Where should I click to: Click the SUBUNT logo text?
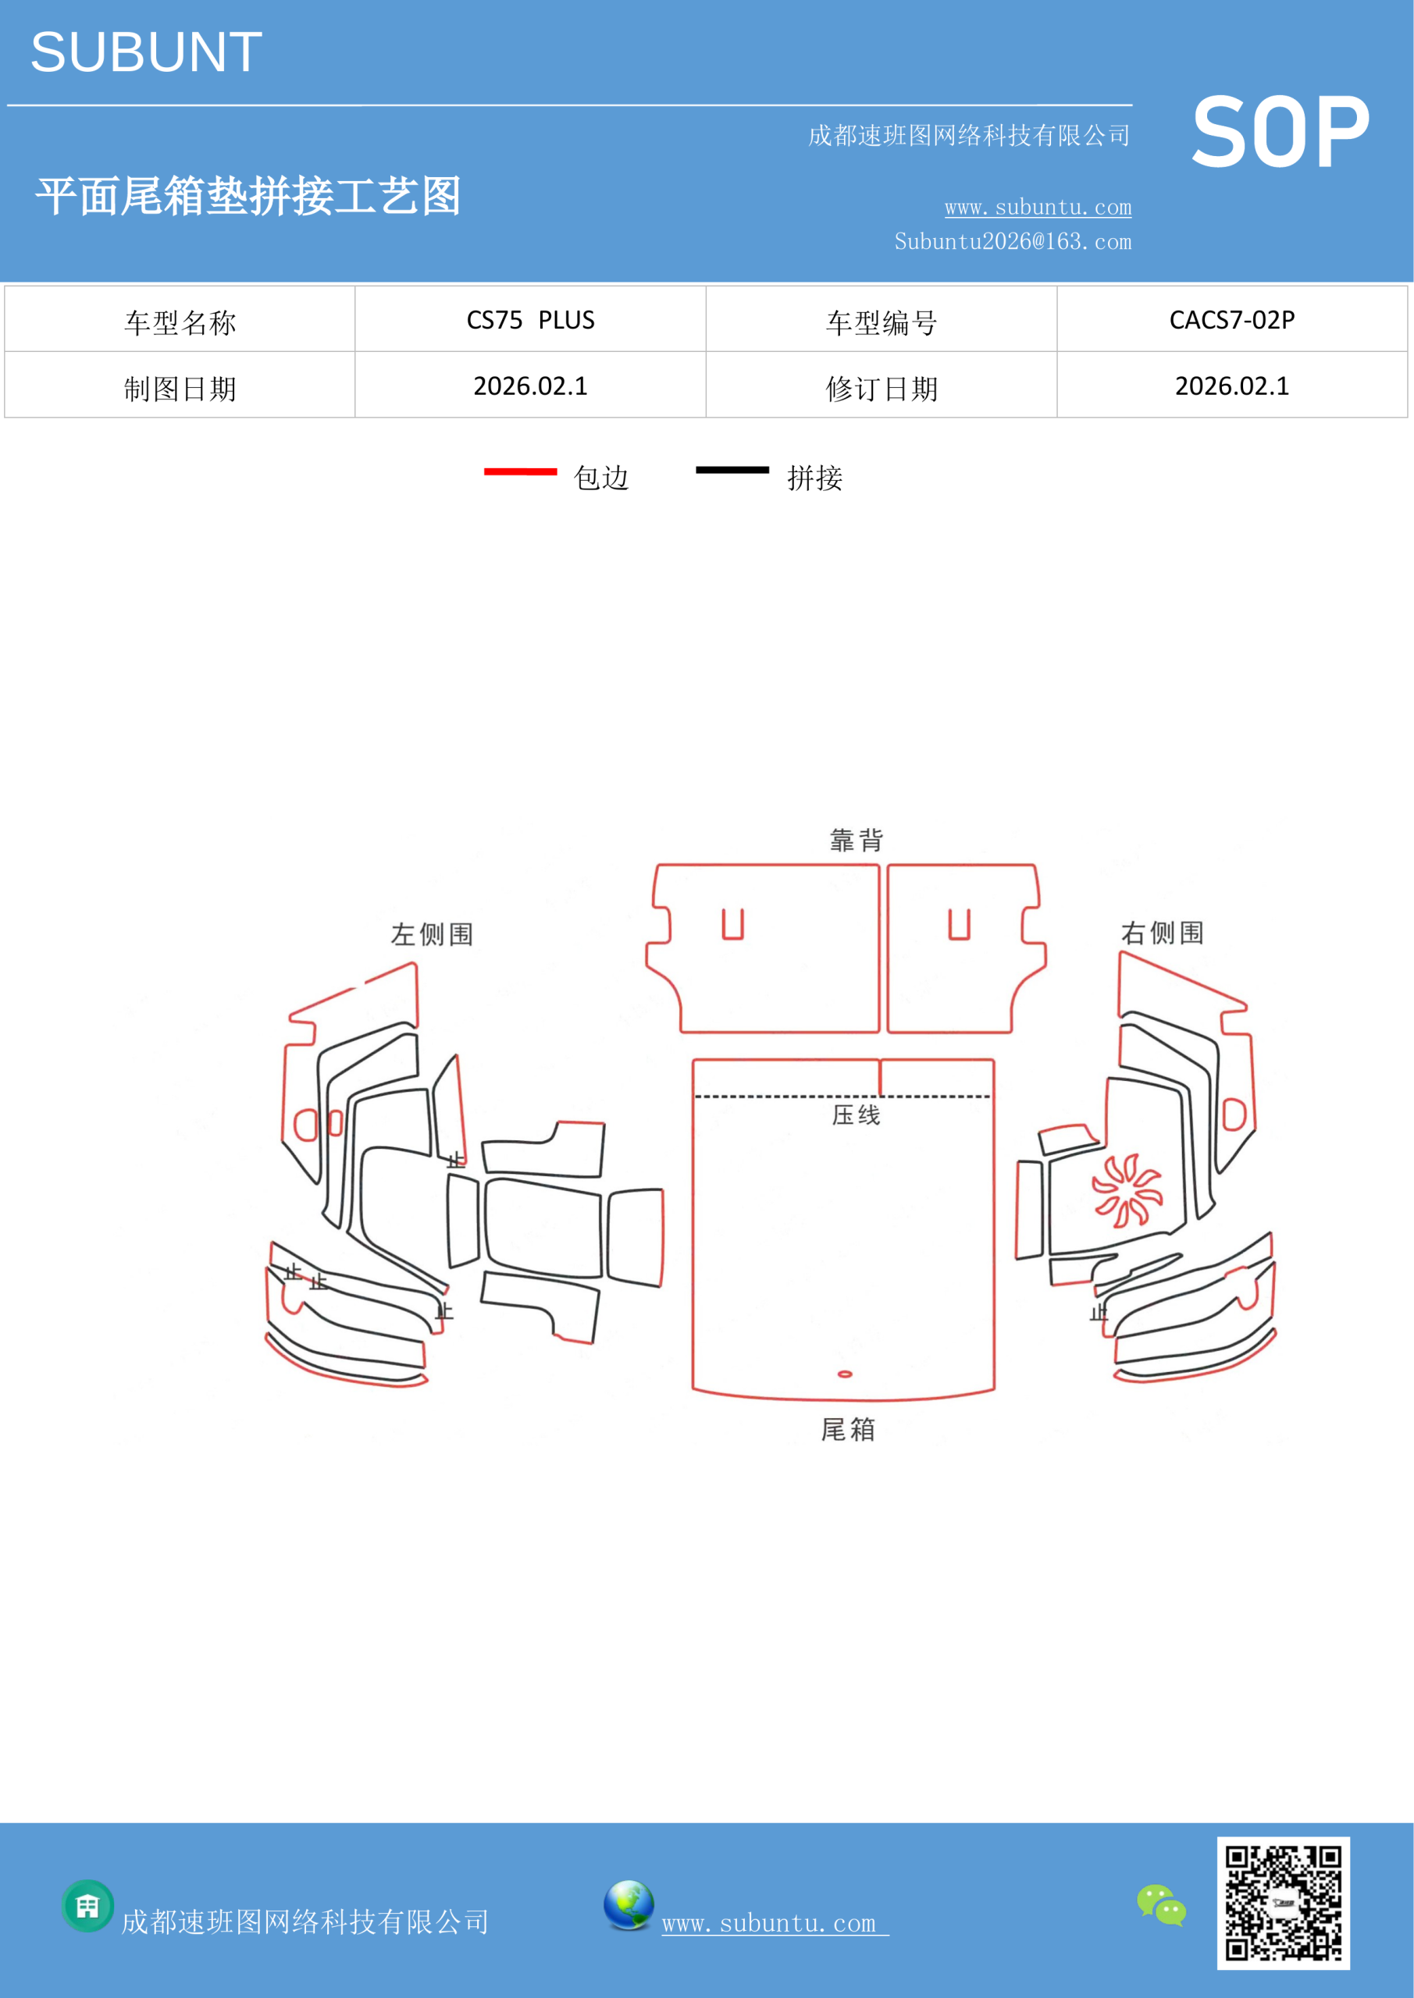click(x=146, y=52)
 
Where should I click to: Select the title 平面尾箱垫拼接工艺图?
click(x=248, y=196)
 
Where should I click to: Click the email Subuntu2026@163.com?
click(x=1013, y=242)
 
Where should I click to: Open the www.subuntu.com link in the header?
click(x=1038, y=207)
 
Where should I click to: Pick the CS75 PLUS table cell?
click(x=530, y=320)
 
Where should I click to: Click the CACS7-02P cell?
click(x=1232, y=320)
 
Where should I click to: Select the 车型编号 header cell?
click(x=882, y=323)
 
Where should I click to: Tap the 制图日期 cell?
click(x=180, y=389)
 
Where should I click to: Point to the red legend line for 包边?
click(x=521, y=471)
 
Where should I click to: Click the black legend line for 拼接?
click(x=732, y=470)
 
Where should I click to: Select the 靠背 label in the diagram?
click(x=857, y=840)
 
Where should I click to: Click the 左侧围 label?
click(x=432, y=934)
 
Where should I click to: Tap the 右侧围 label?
click(x=1163, y=933)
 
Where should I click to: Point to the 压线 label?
click(x=856, y=1115)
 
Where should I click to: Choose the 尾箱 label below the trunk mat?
click(x=848, y=1429)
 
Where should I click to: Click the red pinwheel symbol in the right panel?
click(x=1127, y=1189)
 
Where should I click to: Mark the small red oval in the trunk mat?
click(x=845, y=1374)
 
